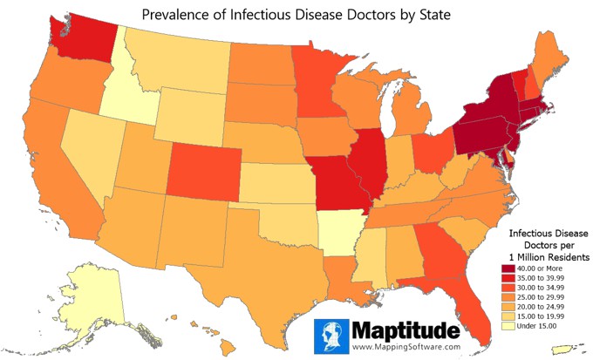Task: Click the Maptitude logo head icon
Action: (332, 336)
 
